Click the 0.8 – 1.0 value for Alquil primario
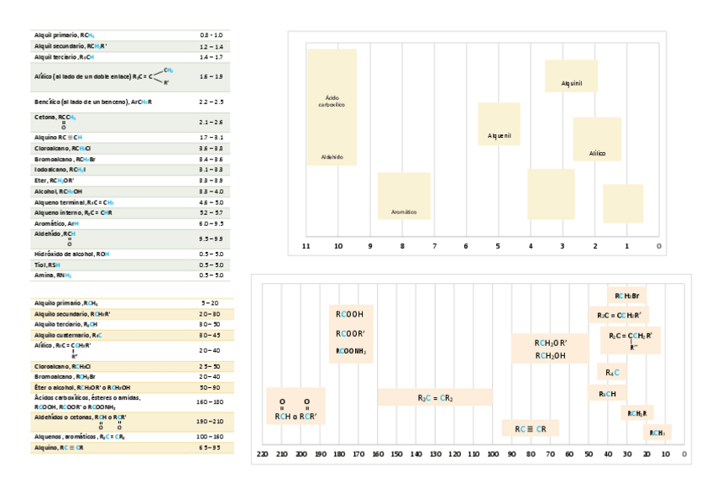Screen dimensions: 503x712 tap(212, 34)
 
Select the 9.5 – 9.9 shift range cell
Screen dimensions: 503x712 tap(212, 238)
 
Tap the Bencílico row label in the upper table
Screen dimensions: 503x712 tap(93, 102)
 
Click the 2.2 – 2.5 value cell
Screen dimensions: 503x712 tap(212, 102)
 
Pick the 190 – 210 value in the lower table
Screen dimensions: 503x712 tap(210, 421)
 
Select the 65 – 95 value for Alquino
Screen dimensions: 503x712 tap(210, 448)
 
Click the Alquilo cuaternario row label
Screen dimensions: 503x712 tap(69, 334)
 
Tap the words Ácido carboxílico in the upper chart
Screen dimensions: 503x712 tap(332, 102)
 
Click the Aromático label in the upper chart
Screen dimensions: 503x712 tap(403, 212)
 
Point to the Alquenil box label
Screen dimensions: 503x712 tap(500, 135)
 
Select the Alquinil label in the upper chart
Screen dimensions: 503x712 tap(572, 83)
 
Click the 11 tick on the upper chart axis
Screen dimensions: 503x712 tap(306, 246)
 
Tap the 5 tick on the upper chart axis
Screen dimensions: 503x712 tap(498, 246)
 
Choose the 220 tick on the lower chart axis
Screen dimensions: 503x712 tap(262, 454)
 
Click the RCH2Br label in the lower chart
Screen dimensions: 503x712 tap(627, 296)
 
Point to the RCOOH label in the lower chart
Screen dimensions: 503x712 tap(349, 314)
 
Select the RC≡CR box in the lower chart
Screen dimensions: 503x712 tap(531, 429)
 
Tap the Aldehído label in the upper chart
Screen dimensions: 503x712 tap(332, 157)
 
